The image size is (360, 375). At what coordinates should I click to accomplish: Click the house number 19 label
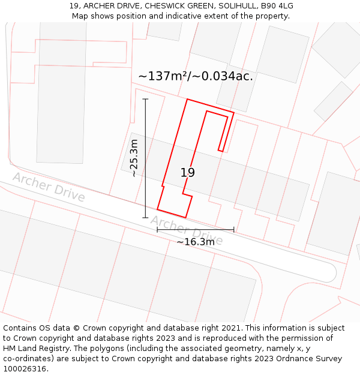(188, 173)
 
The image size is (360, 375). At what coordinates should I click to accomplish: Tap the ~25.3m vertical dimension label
(134, 158)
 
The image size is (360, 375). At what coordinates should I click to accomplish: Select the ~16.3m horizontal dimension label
(196, 242)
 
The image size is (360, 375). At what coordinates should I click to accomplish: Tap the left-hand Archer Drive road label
(49, 187)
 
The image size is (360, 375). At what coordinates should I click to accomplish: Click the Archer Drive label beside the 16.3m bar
(186, 231)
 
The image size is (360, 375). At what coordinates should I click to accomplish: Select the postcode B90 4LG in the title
(276, 6)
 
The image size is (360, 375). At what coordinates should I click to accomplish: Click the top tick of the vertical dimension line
(145, 99)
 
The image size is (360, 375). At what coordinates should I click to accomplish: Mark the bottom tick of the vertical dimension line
(145, 218)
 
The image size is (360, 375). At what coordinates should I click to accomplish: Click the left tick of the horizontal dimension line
(157, 229)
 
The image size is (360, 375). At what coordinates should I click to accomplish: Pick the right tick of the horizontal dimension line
(234, 229)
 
